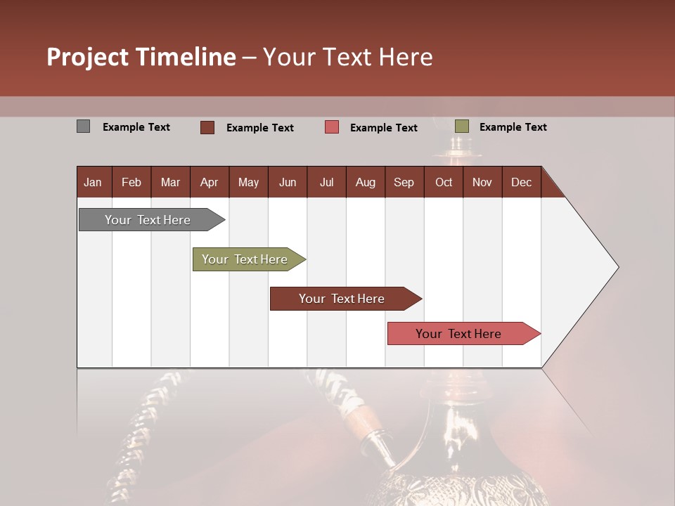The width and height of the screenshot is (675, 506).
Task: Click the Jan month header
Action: click(x=94, y=182)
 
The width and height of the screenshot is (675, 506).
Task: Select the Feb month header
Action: click(x=131, y=182)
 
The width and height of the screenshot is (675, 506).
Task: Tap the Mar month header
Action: click(x=170, y=182)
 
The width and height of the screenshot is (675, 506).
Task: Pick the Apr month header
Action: click(x=210, y=182)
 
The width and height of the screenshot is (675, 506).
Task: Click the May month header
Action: click(x=248, y=182)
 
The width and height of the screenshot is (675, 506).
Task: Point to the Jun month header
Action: click(x=288, y=182)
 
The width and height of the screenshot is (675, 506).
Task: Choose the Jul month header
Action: click(x=326, y=182)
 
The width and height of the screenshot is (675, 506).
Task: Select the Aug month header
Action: click(x=366, y=182)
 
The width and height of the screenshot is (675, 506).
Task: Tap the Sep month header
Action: click(x=404, y=182)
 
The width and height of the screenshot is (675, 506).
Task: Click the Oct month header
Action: click(x=444, y=182)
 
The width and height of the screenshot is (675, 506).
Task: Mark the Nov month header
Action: click(x=482, y=182)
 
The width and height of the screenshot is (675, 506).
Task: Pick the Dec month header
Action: click(x=522, y=182)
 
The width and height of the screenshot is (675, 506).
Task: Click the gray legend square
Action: click(x=83, y=126)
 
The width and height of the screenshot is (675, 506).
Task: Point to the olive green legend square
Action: click(x=461, y=126)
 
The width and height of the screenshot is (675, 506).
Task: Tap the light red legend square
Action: click(x=332, y=127)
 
